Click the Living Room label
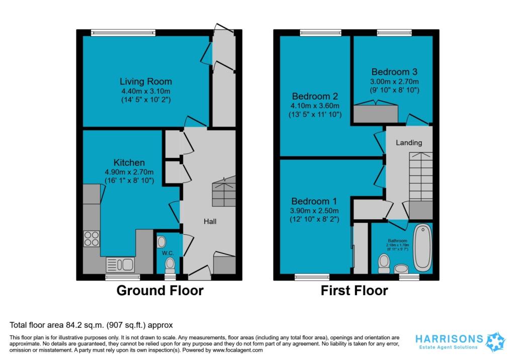click(x=145, y=81)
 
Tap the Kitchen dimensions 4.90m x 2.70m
click(x=129, y=171)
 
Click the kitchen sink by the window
click(x=120, y=264)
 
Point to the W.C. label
click(x=167, y=253)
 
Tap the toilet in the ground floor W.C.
click(x=170, y=263)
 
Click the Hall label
click(x=210, y=221)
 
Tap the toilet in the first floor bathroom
click(x=385, y=262)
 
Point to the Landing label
click(x=408, y=143)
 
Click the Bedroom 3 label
click(x=394, y=72)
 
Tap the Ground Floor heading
click(x=160, y=291)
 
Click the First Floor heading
click(x=355, y=291)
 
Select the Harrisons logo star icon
click(x=494, y=341)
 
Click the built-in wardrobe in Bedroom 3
click(x=376, y=113)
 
